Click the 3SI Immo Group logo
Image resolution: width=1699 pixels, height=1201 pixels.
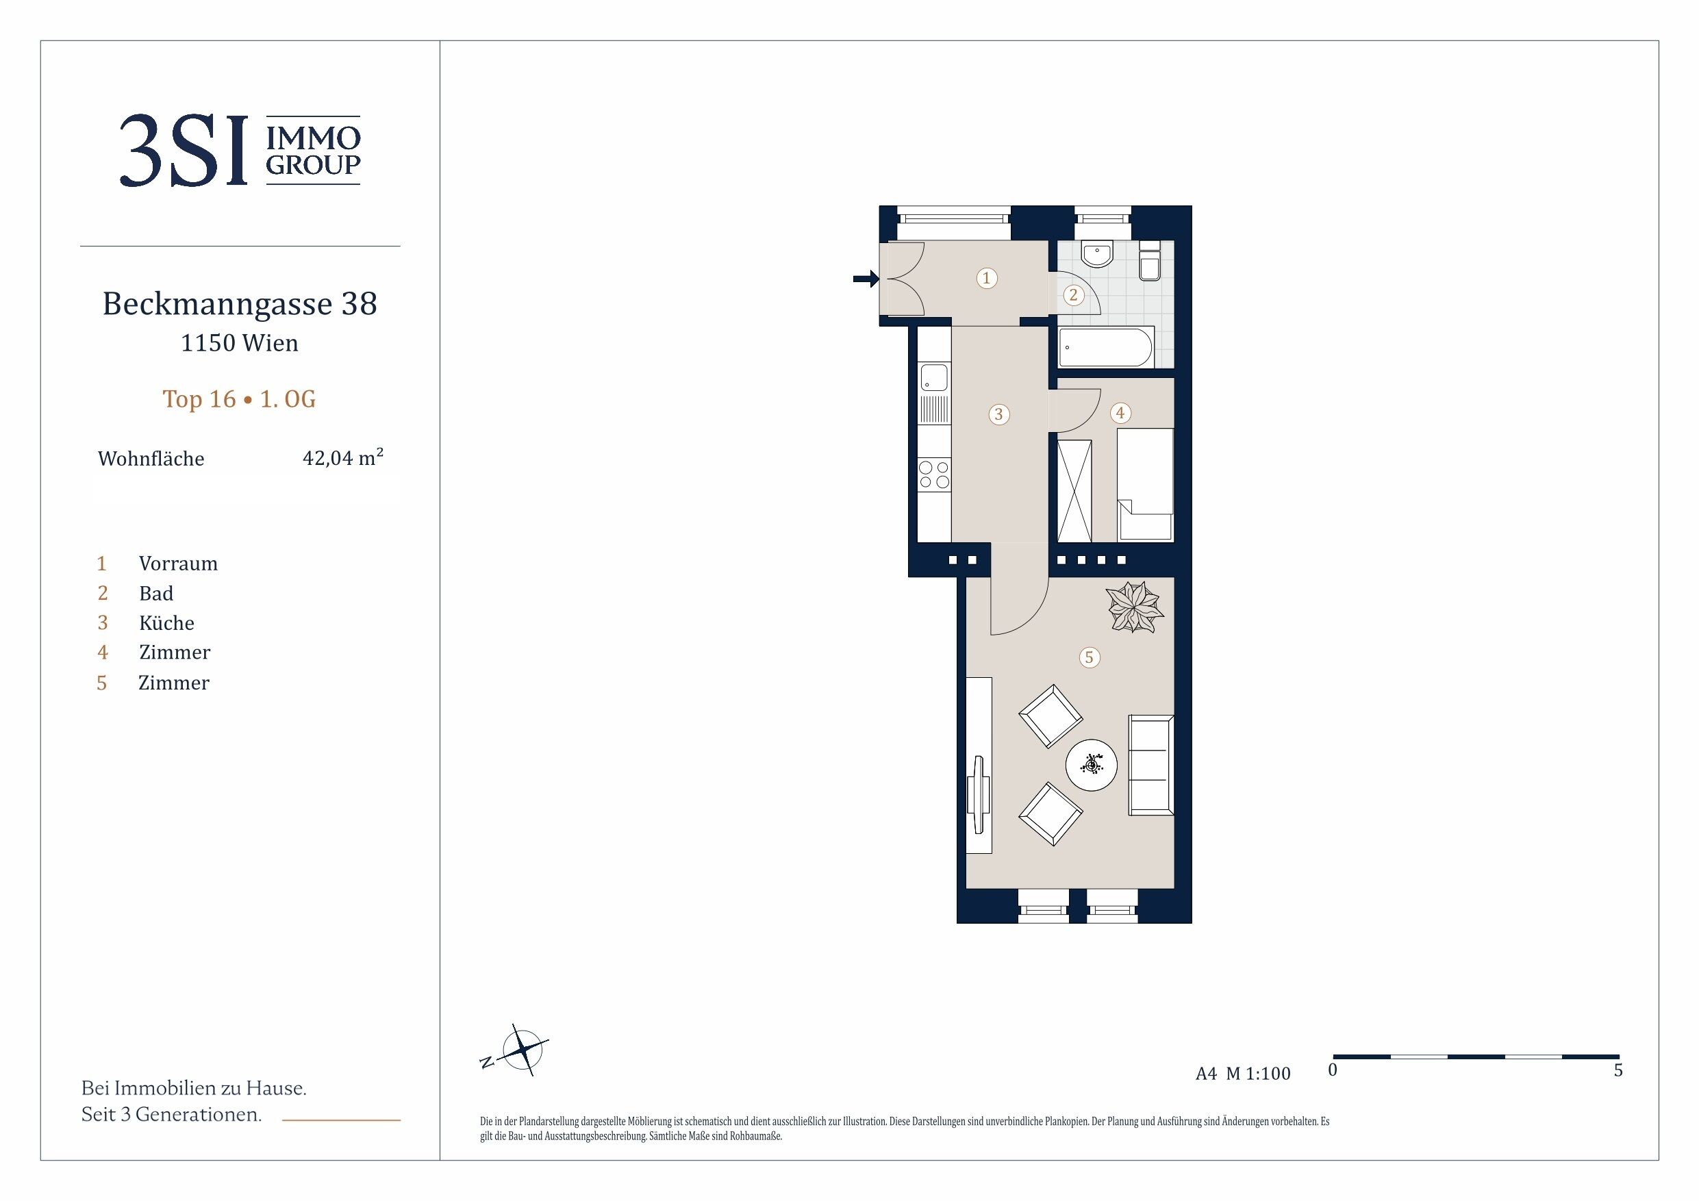click(x=240, y=150)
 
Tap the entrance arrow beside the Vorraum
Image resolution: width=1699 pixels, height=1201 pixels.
click(x=866, y=279)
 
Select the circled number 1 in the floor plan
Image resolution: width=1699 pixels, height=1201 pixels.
click(x=985, y=278)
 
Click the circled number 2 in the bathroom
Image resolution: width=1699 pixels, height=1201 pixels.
click(x=1073, y=295)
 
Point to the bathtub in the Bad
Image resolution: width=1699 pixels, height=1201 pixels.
click(x=1105, y=348)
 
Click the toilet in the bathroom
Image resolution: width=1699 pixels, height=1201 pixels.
click(x=1150, y=260)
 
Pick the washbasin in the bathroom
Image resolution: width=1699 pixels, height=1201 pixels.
click(x=1096, y=254)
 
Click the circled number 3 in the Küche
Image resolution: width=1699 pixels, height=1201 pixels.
click(x=998, y=414)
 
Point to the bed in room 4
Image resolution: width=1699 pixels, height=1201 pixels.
click(x=1145, y=484)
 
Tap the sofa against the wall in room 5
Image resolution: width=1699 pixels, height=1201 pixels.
click(x=1150, y=765)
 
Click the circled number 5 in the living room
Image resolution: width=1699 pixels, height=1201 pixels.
click(x=1089, y=657)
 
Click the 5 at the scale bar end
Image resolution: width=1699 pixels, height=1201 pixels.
click(x=1618, y=1071)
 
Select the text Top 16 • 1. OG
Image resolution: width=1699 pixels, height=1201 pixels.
click(x=239, y=399)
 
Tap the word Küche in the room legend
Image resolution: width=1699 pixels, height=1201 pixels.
click(x=166, y=622)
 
